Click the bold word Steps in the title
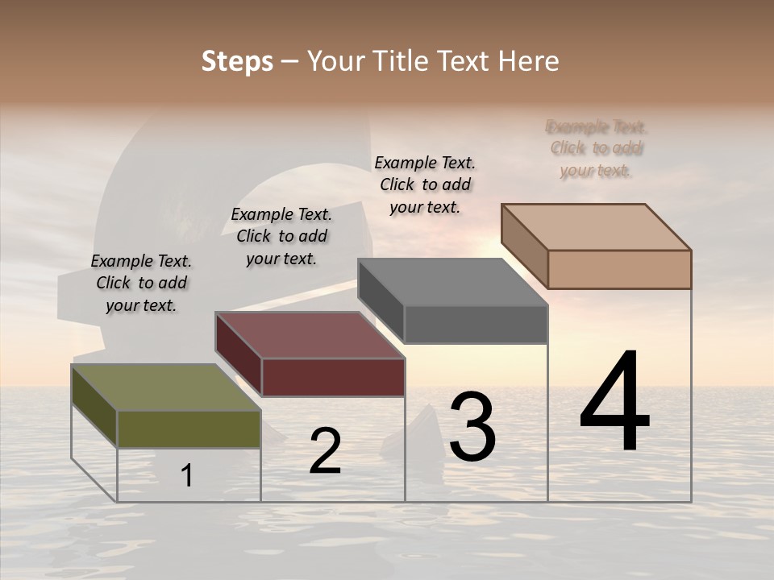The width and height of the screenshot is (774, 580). tap(237, 61)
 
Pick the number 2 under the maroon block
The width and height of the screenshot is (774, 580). tap(325, 451)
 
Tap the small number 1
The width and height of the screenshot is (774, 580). tap(187, 476)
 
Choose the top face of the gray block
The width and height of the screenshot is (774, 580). tap(452, 282)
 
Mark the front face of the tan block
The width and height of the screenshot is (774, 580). tap(619, 269)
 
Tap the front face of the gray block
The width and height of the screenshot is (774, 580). tap(476, 325)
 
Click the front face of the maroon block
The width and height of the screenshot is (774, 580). tap(333, 377)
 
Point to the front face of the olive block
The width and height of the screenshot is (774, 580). tap(189, 429)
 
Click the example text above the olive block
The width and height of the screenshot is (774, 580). tap(141, 283)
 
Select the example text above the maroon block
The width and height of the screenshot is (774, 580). tap(281, 236)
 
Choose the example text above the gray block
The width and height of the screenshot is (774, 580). tap(425, 184)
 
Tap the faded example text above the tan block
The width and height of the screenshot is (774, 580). tap(597, 148)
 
